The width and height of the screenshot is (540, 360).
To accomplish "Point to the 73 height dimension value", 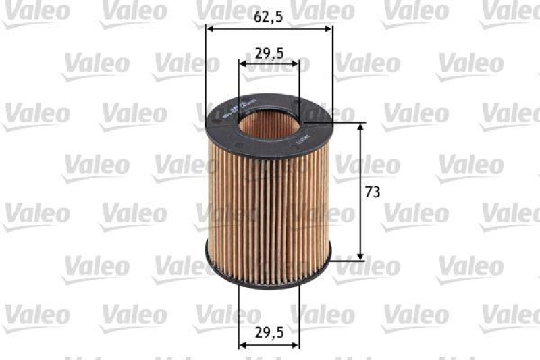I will tap(372, 192).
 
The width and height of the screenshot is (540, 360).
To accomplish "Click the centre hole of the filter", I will tap(268, 126).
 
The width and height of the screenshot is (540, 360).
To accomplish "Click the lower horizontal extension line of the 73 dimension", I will tap(348, 259).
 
